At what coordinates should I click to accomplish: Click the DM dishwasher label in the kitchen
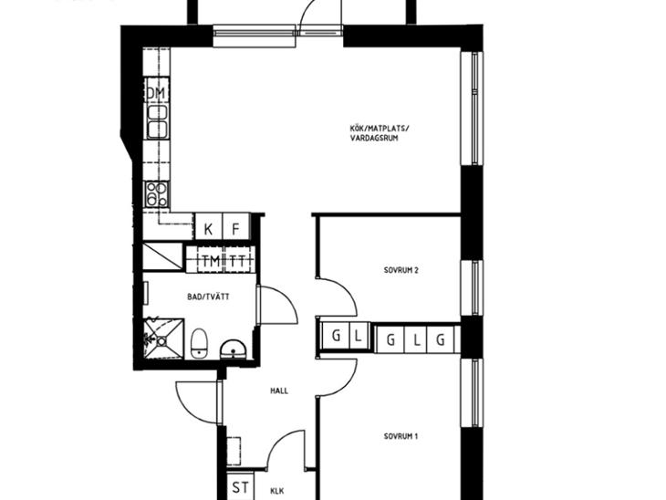156,93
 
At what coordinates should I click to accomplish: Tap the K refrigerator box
209,228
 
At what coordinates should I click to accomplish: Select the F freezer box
236,228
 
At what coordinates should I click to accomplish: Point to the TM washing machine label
211,261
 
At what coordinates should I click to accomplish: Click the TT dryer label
238,261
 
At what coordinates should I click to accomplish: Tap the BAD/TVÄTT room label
208,297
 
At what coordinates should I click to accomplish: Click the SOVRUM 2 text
401,270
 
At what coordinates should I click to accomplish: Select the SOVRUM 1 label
401,436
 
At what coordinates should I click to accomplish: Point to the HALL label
279,391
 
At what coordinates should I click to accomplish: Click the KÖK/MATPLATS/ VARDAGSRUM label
380,133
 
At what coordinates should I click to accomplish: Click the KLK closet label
277,491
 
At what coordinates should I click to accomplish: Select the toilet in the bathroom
198,343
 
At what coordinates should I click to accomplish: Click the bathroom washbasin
233,349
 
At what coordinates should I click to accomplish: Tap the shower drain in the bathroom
161,340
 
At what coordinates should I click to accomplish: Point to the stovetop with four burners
157,193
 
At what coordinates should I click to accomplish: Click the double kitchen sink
157,121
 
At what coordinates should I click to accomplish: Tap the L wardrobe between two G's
417,339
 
